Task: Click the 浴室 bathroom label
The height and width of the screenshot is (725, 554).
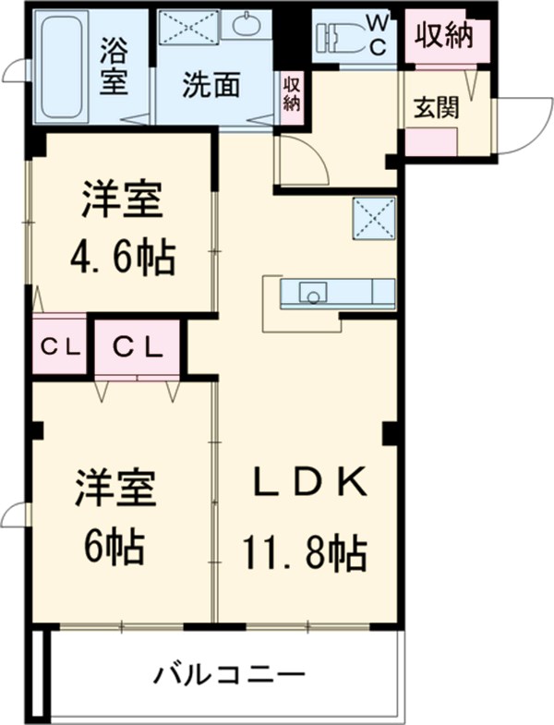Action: click(x=114, y=64)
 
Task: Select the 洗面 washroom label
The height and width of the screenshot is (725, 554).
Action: click(x=211, y=86)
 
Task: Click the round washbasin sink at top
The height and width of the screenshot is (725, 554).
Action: click(x=247, y=25)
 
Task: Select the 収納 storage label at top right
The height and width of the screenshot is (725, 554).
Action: click(x=442, y=36)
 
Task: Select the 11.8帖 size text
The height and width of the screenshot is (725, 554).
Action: click(x=305, y=554)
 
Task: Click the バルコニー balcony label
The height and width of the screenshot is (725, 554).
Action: click(x=229, y=673)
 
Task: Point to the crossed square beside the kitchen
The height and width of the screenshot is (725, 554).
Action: click(x=373, y=219)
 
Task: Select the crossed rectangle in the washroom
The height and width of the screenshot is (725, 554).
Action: click(x=188, y=27)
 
